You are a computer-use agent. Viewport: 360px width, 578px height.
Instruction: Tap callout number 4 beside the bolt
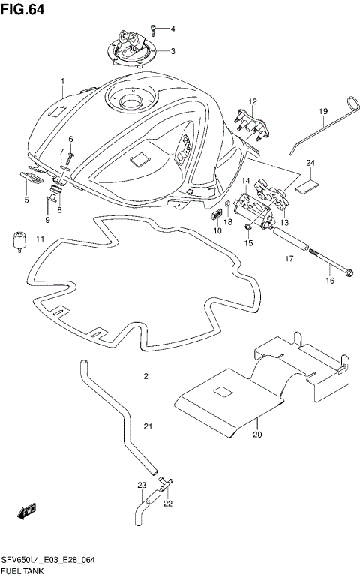172,29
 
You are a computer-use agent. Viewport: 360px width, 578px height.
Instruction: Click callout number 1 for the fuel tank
63,80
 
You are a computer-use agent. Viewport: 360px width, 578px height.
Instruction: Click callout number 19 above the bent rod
324,112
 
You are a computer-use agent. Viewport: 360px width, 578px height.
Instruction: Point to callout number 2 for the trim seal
146,375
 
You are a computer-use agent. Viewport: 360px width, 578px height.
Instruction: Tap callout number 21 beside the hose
148,427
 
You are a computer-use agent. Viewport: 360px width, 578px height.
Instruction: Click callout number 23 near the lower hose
141,485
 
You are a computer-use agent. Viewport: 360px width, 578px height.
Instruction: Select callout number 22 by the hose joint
168,503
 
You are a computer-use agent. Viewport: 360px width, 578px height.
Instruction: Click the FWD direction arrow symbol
28,513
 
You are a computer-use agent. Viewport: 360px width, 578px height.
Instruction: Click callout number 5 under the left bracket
26,200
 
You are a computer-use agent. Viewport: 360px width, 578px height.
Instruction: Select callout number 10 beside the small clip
217,231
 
